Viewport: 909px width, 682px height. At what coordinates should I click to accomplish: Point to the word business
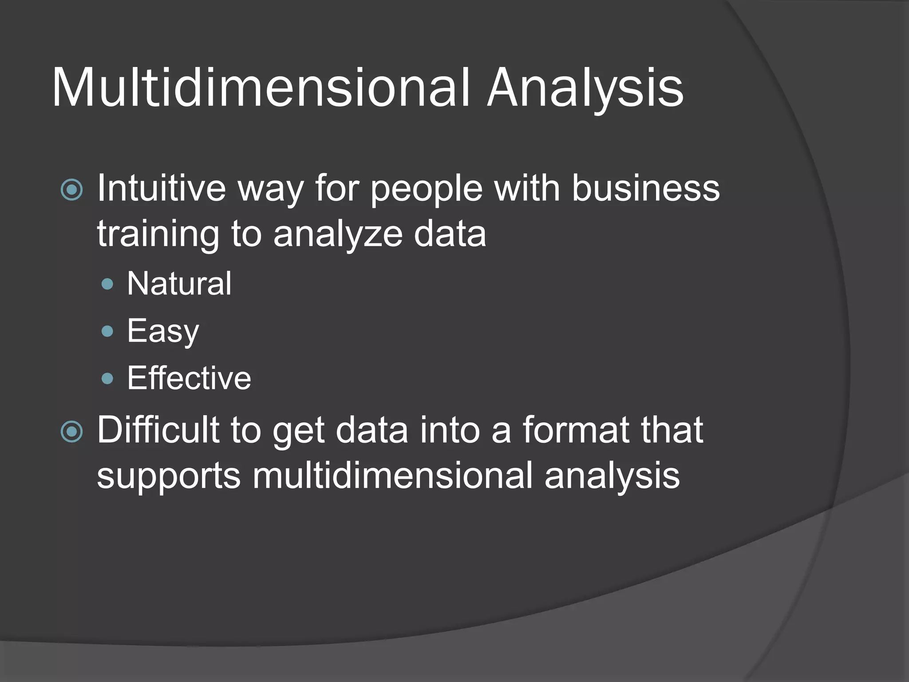645,188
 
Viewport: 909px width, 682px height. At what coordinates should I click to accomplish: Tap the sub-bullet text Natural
179,283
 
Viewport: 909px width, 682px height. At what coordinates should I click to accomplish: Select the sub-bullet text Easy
163,331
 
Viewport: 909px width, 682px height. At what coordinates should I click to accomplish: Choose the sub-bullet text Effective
189,378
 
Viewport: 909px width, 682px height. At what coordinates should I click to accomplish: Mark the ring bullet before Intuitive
71,190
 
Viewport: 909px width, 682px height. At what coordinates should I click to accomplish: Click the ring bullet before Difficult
71,432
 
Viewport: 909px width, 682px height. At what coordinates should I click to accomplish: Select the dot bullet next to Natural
107,284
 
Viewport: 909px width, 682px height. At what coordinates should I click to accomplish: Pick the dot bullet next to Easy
107,331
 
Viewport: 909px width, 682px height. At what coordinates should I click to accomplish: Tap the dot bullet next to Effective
107,379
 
